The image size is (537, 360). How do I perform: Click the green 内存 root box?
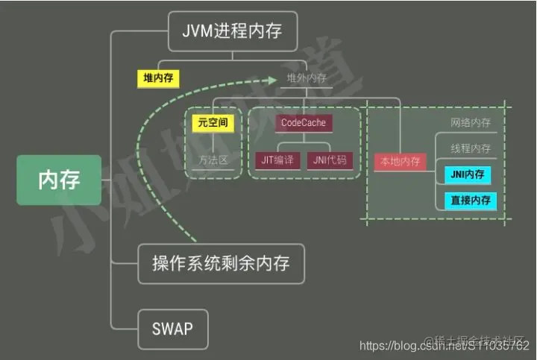tap(59, 180)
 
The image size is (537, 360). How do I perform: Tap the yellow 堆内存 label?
tap(158, 77)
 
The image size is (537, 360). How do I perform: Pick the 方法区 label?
tap(212, 160)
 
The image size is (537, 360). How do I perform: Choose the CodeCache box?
tap(303, 122)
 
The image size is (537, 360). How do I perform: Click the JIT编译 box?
tap(278, 160)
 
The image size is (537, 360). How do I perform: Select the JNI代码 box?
tap(330, 160)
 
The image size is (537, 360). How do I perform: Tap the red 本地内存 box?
tap(401, 161)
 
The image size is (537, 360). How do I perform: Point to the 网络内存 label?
tap(470, 122)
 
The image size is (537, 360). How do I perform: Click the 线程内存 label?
tap(470, 148)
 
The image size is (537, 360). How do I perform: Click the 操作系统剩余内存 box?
tap(221, 263)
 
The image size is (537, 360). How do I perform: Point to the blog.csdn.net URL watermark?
tap(445, 346)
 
